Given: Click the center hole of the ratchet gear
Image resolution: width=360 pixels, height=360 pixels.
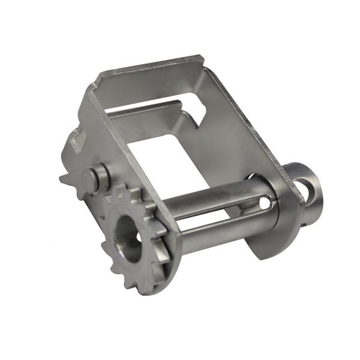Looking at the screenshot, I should (x=127, y=236).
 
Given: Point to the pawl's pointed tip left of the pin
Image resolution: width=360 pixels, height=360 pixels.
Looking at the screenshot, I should (x=63, y=177).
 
